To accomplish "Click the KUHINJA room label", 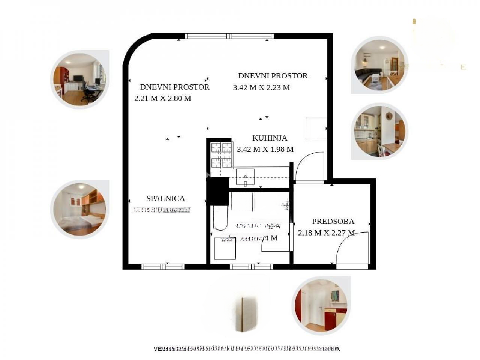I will coord(270,138).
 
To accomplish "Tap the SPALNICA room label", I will coord(165,199).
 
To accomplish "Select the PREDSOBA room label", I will coord(333,222).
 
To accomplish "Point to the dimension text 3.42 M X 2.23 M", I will coord(261,88).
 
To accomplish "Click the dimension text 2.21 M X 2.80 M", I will coord(163,98).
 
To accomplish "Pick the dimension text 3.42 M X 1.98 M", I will coord(265,149).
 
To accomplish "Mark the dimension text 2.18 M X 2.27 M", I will coord(326,233).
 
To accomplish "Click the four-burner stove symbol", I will coord(221,155).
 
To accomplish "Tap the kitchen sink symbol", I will coord(245,177).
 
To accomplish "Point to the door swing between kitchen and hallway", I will coord(310,167).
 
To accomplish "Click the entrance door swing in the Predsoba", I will coord(352,249).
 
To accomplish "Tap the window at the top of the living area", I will coord(229,36).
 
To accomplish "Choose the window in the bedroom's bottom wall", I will coord(163,267).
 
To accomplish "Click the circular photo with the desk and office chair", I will coord(79,79).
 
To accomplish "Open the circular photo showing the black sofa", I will coord(379,65).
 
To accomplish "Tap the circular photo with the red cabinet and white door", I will coord(321,306).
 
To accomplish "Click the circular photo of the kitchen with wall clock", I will coord(379,131).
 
